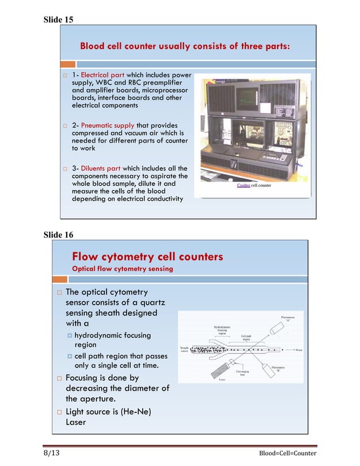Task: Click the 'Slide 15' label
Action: pyautogui.click(x=59, y=20)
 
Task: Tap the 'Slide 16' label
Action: pyautogui.click(x=59, y=235)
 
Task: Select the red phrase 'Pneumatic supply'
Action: pyautogui.click(x=108, y=126)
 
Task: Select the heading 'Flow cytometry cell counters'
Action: pyautogui.click(x=148, y=257)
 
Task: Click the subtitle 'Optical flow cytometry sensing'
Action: pyautogui.click(x=122, y=269)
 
